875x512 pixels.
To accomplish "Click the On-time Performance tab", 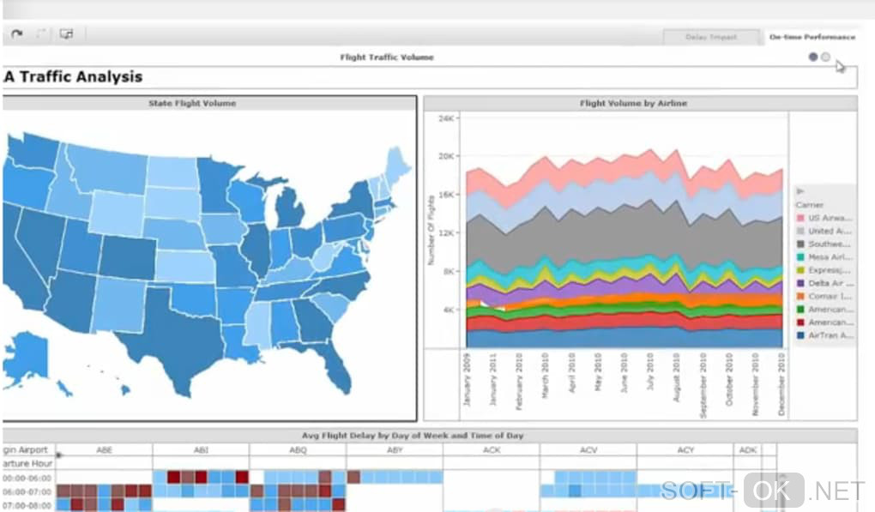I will pyautogui.click(x=812, y=38).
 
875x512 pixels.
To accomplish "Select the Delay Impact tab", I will pyautogui.click(x=711, y=38).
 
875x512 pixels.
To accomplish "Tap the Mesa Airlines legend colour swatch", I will pyautogui.click(x=800, y=256).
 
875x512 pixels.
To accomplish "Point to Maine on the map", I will pyautogui.click(x=395, y=163).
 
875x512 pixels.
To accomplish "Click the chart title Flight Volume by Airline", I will pyautogui.click(x=633, y=104).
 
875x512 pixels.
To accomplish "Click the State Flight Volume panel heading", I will pyautogui.click(x=192, y=104).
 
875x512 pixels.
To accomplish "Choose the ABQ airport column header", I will pyautogui.click(x=298, y=449).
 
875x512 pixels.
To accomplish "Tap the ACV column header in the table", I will pyautogui.click(x=588, y=449).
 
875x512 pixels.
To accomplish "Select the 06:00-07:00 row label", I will pyautogui.click(x=27, y=492).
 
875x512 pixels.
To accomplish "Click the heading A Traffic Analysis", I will pyautogui.click(x=74, y=77).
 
